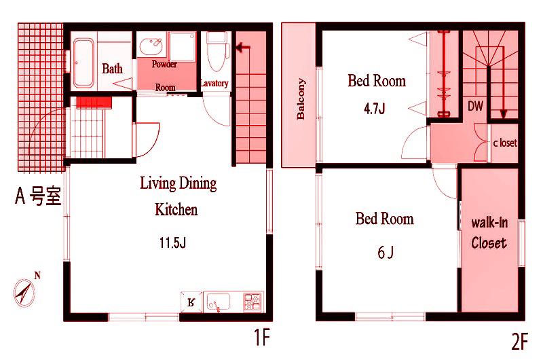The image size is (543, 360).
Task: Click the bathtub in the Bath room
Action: pos(83,62)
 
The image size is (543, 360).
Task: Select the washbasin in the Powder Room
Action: pos(151,47)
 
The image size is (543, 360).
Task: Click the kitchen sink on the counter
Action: pos(218,302)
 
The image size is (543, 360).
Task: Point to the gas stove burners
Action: pos(252,302)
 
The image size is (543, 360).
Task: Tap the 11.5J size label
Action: pos(172,242)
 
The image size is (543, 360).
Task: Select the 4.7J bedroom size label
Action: pos(375,109)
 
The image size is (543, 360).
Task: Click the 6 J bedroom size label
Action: pos(385,252)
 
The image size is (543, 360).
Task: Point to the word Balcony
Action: pos(301,99)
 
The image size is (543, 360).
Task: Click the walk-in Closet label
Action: pos(489,233)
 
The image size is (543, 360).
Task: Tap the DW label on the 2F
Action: pos(475,106)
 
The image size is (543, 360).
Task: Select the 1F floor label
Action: pos(261,337)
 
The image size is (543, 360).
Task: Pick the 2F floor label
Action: pos(519,341)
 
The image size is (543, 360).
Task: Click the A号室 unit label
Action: pos(38,196)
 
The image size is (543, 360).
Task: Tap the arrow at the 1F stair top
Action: pos(243,48)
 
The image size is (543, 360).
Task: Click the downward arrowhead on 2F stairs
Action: pos(504,114)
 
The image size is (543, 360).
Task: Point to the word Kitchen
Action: pos(176,210)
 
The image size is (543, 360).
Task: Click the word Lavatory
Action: pos(214,83)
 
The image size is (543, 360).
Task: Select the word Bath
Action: pos(112,69)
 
